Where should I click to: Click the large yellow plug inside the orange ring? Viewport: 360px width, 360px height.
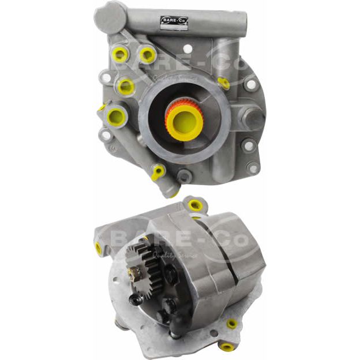pyautogui.click(x=185, y=119)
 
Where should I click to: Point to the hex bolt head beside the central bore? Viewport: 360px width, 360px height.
pyautogui.click(x=252, y=118)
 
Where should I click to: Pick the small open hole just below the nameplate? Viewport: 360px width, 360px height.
pyautogui.click(x=187, y=49)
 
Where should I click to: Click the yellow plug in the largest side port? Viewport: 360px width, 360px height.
pyautogui.click(x=117, y=116)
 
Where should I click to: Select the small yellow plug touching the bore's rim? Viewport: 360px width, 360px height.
pyautogui.click(x=224, y=83)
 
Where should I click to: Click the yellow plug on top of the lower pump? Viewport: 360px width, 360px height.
pyautogui.click(x=195, y=205)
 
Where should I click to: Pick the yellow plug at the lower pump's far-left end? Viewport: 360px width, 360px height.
pyautogui.click(x=99, y=249)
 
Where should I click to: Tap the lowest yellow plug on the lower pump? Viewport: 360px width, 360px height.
pyautogui.click(x=227, y=347)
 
